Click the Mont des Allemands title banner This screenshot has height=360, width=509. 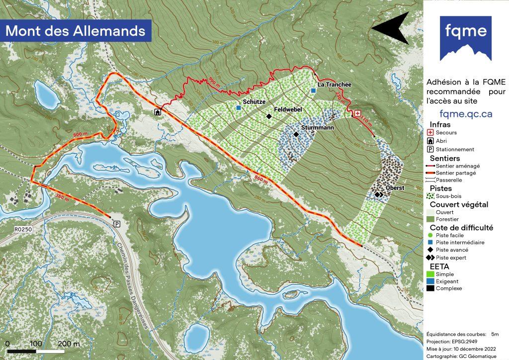tap(76, 31)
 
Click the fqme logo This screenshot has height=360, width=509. tap(465, 38)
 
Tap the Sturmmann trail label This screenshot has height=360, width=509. tap(317, 128)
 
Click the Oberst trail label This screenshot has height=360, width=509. tap(395, 188)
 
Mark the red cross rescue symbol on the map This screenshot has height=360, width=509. tap(357, 114)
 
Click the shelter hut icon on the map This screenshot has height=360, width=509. tap(158, 112)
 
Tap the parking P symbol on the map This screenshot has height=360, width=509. tap(117, 224)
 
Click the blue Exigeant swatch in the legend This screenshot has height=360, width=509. tap(430, 281)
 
